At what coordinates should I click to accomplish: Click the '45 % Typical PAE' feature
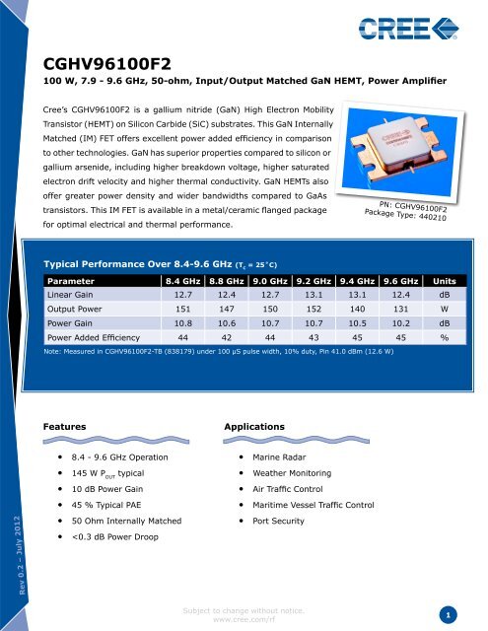click(x=105, y=505)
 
